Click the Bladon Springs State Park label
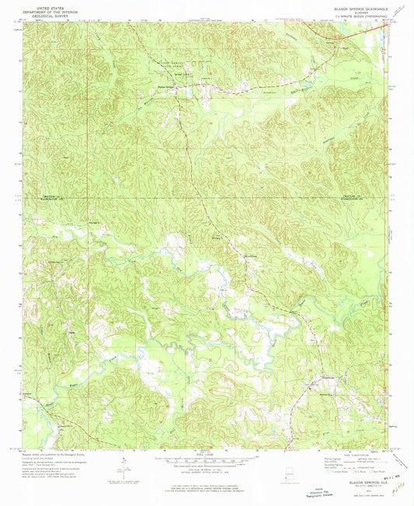point(172,64)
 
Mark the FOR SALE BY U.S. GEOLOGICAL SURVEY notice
point(206,484)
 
